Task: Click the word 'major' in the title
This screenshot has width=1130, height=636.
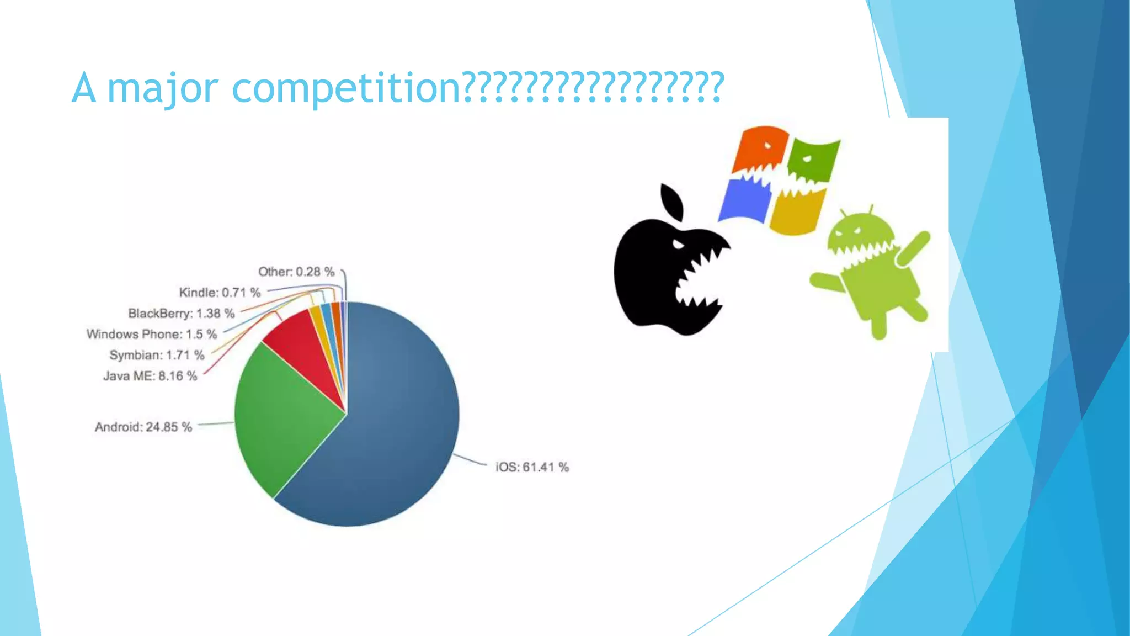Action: point(163,88)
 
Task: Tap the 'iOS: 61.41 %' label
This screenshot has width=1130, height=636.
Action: point(532,467)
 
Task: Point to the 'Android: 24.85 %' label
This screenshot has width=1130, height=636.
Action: point(143,427)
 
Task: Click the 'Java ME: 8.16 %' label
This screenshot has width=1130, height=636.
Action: point(150,376)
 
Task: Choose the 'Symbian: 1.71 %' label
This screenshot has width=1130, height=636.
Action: point(157,355)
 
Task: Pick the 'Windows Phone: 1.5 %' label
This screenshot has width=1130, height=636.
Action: point(152,334)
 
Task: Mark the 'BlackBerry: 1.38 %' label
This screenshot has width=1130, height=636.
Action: point(182,314)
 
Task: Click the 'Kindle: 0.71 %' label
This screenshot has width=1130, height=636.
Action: point(220,293)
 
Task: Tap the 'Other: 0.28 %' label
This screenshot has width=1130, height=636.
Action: point(296,272)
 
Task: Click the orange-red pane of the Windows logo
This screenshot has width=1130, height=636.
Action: point(759,149)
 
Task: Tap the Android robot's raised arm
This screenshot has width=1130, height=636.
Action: point(913,248)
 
